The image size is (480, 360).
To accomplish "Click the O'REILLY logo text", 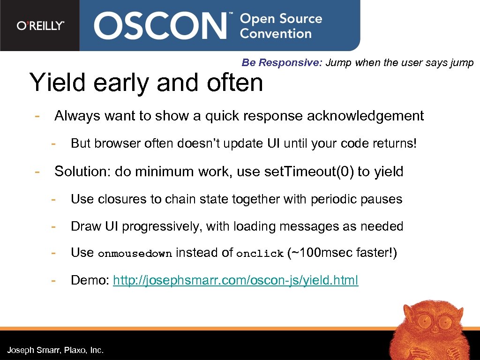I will tap(40, 25).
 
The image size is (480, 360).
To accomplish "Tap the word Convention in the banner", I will tap(275, 34).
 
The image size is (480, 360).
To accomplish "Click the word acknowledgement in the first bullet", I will tap(365, 116).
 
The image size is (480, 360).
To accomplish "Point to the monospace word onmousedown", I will tap(135, 254).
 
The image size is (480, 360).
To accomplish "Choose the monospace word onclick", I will tap(260, 254).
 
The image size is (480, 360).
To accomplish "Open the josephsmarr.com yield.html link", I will tap(235, 280).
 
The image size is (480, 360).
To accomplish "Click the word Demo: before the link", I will tap(90, 280).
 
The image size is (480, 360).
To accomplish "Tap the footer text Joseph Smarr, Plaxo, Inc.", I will tap(55, 350).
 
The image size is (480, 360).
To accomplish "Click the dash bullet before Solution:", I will tap(36, 172).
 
